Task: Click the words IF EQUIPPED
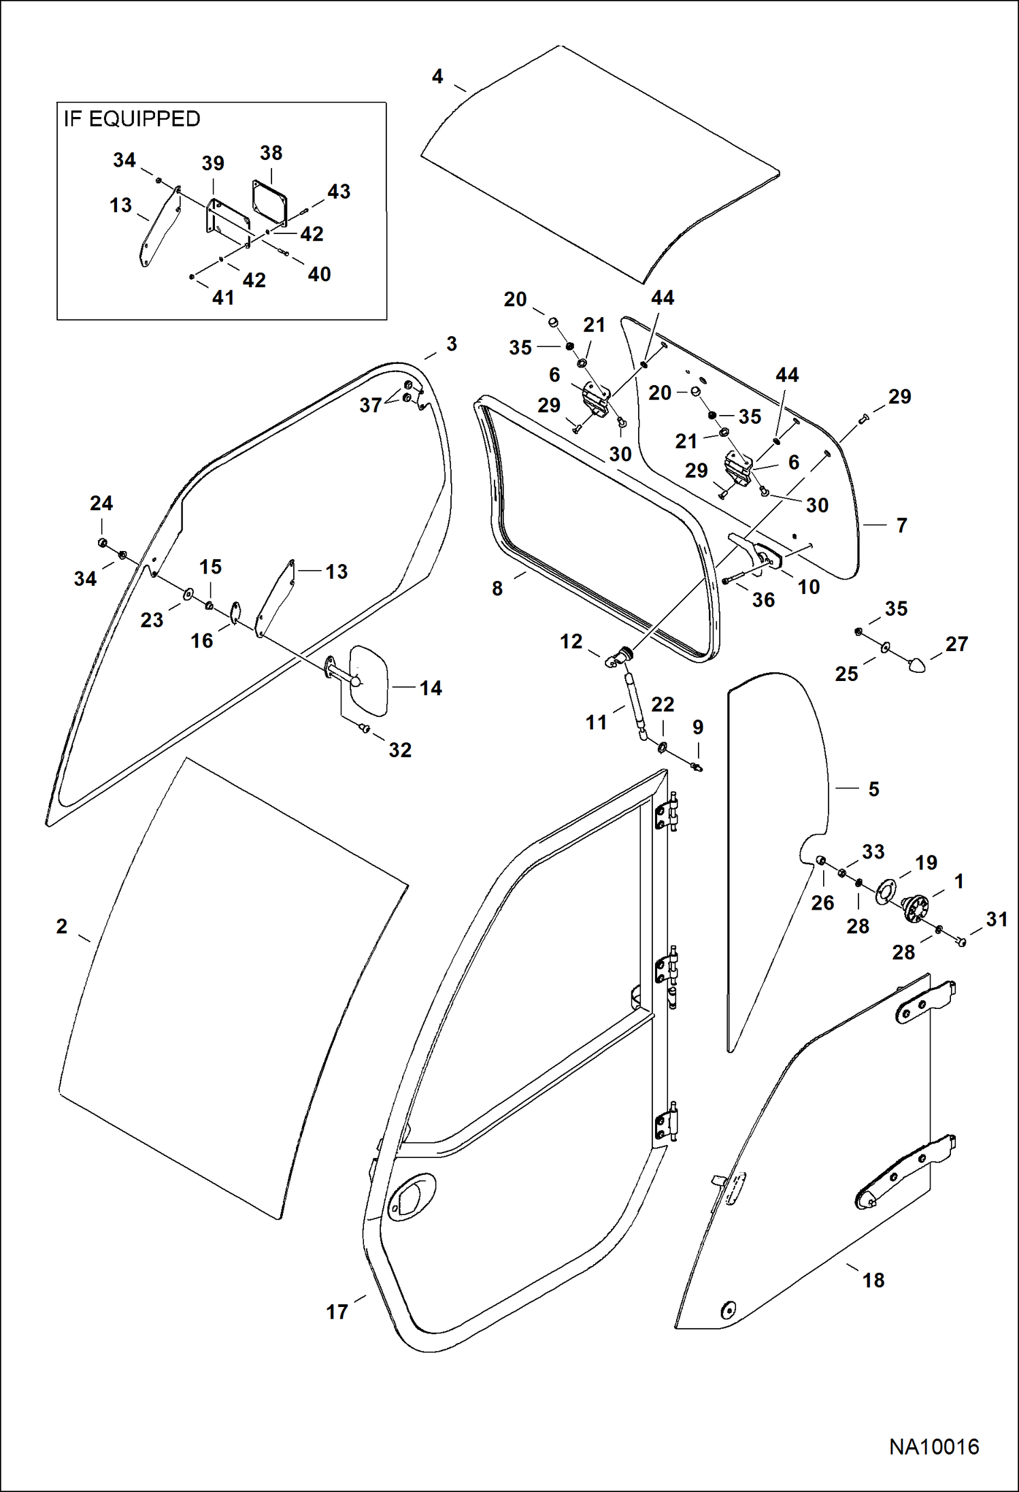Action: (132, 119)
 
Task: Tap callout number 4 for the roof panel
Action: (437, 76)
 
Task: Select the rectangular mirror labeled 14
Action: (368, 681)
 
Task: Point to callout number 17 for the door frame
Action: (337, 1312)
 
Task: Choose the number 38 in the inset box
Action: (271, 153)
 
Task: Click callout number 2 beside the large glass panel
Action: (62, 926)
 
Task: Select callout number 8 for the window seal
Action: (497, 588)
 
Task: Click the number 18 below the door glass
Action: (873, 1280)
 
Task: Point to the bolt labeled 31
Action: (960, 942)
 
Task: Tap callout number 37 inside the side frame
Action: (370, 405)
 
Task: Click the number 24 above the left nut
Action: (101, 503)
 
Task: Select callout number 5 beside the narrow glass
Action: (873, 789)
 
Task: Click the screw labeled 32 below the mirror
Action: (364, 729)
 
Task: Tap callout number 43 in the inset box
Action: (339, 192)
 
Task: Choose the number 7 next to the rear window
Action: (901, 525)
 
